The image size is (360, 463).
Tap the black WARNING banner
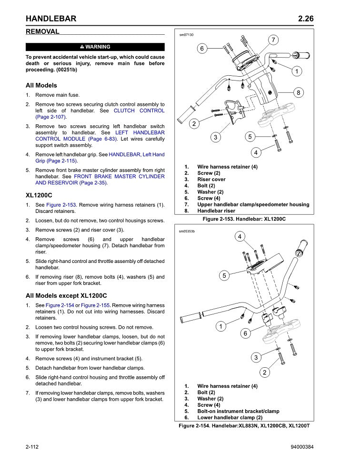(x=95, y=47)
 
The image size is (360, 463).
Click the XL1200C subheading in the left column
(x=39, y=195)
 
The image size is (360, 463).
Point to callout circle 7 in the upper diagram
(x=274, y=40)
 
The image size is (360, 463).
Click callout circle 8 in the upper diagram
(x=298, y=92)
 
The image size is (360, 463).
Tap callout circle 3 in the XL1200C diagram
(x=216, y=137)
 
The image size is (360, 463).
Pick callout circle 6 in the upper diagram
(x=201, y=48)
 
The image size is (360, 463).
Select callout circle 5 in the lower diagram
(x=224, y=275)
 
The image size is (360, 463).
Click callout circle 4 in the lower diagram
(x=240, y=237)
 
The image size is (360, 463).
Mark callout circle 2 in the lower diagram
(x=265, y=372)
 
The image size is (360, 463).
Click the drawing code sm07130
(x=186, y=34)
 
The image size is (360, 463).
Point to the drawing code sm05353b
(x=187, y=231)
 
